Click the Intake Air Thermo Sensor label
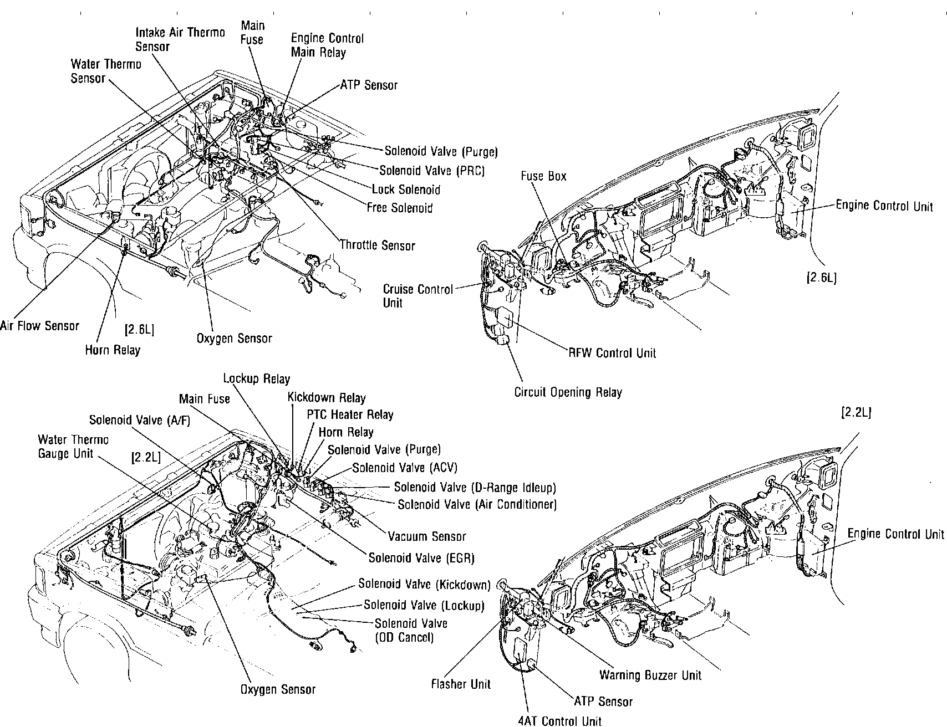pyautogui.click(x=180, y=39)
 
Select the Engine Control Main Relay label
pyautogui.click(x=327, y=45)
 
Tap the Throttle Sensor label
pyautogui.click(x=377, y=245)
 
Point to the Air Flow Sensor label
pyautogui.click(x=40, y=326)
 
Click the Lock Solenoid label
pyautogui.click(x=406, y=190)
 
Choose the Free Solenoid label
pyautogui.click(x=399, y=208)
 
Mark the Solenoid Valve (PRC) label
pyautogui.click(x=432, y=171)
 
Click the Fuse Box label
pyautogui.click(x=543, y=176)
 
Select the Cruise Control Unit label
pyautogui.click(x=418, y=296)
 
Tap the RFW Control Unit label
pyautogui.click(x=612, y=353)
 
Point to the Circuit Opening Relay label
pyautogui.click(x=568, y=392)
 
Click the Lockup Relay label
pyautogui.click(x=256, y=379)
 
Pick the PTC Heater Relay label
pyautogui.click(x=350, y=414)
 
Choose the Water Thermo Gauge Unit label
pyautogui.click(x=73, y=447)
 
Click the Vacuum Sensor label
pyautogui.click(x=426, y=536)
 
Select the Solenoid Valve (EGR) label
pyautogui.click(x=421, y=558)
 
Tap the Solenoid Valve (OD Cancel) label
pyautogui.click(x=411, y=631)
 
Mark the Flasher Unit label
pyautogui.click(x=461, y=684)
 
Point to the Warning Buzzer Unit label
pyautogui.click(x=650, y=675)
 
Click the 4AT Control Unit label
pyautogui.click(x=559, y=721)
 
